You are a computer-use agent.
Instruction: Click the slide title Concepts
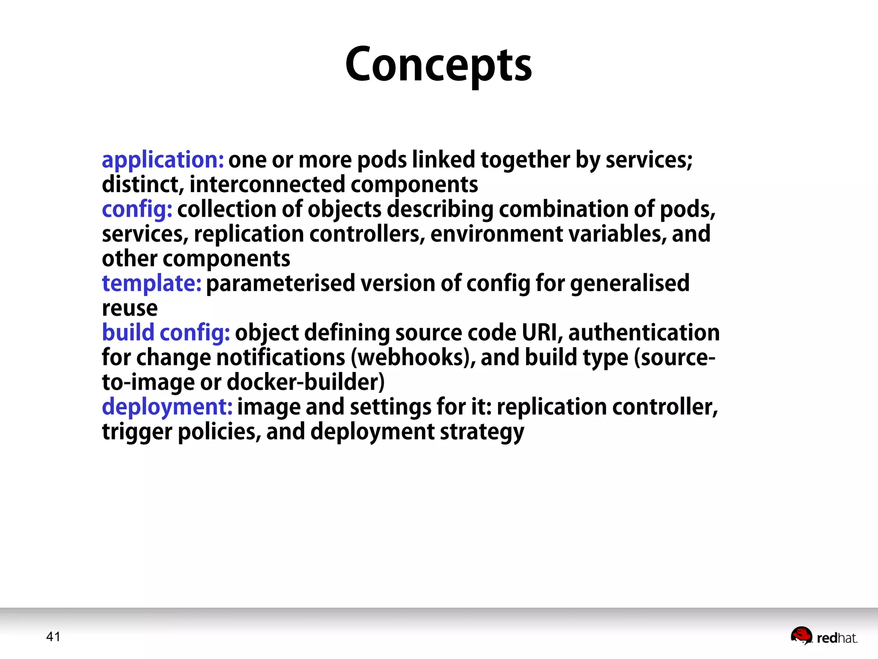(439, 65)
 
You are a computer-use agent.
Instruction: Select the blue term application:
(162, 160)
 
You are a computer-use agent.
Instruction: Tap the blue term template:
(151, 284)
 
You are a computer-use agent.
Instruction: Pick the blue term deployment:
(167, 407)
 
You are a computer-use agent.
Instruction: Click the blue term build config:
(166, 333)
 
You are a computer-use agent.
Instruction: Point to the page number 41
(53, 637)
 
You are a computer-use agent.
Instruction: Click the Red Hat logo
(824, 636)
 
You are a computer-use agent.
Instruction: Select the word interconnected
(267, 185)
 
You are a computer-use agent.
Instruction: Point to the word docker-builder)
(305, 382)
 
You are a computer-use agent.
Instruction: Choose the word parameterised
(281, 284)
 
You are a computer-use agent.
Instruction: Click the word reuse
(129, 308)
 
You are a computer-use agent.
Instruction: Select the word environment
(497, 234)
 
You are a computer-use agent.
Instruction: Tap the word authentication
(644, 333)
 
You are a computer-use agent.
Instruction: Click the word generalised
(630, 284)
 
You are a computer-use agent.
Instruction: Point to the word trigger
(137, 432)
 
